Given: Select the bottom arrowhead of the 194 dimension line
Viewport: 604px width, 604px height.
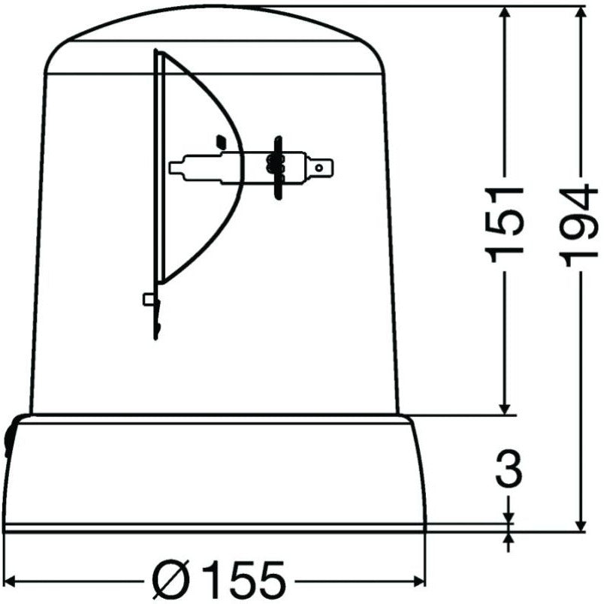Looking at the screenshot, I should pos(581,523).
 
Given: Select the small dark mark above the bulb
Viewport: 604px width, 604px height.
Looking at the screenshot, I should pos(220,140).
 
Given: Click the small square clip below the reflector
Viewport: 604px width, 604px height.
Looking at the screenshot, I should pos(149,300).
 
